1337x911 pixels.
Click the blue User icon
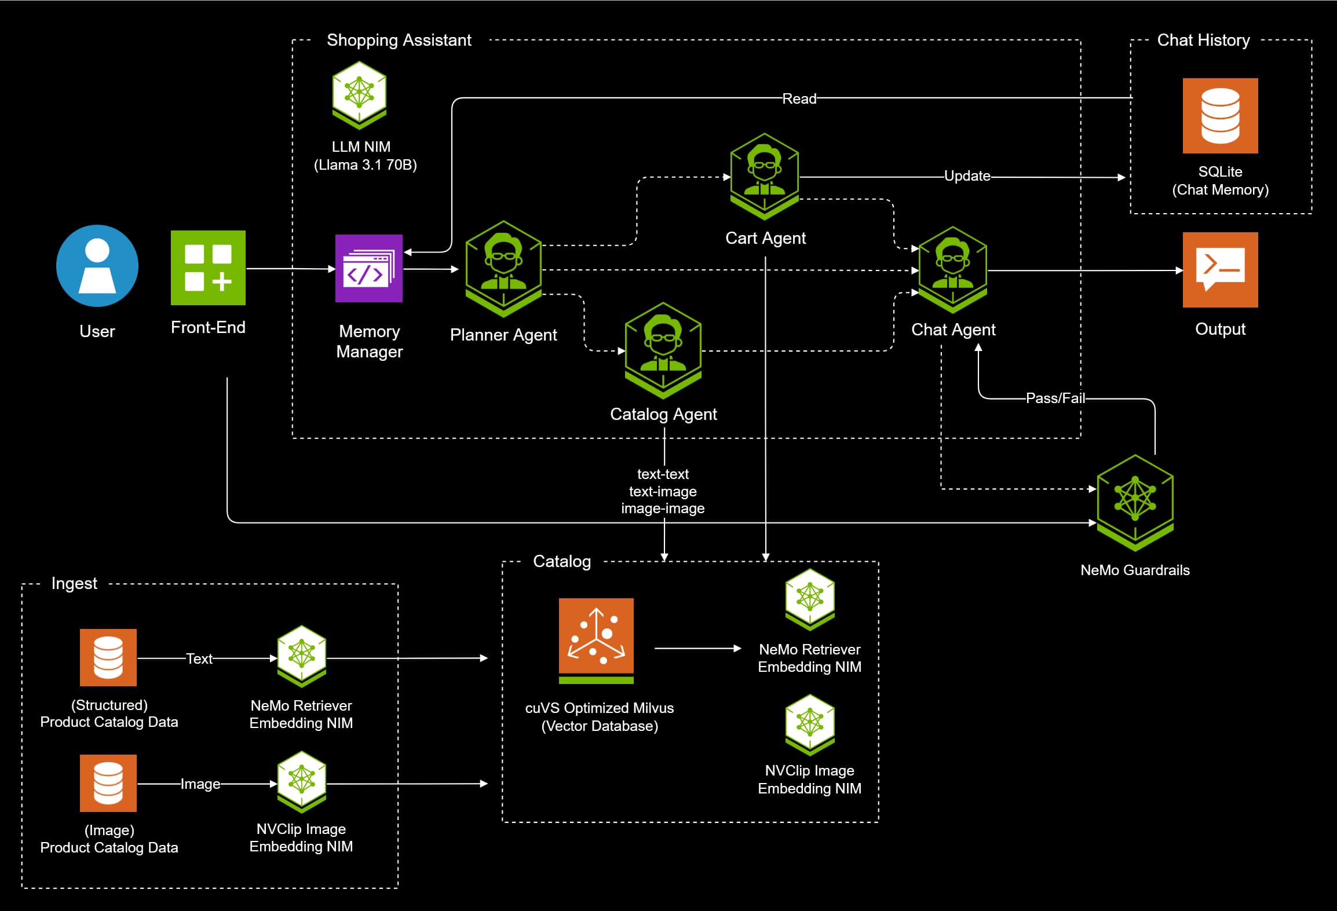click(97, 266)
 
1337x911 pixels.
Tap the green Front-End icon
click(208, 268)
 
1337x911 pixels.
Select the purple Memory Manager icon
click(369, 268)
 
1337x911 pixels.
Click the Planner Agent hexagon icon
click(503, 268)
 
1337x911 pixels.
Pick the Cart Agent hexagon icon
click(765, 175)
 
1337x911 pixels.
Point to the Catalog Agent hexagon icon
click(663, 350)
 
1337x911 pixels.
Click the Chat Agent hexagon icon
click(953, 269)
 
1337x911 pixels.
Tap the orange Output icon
click(1220, 269)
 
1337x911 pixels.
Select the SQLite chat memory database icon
click(1220, 115)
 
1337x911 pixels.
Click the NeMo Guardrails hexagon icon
click(1135, 502)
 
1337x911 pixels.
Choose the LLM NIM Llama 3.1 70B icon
click(359, 94)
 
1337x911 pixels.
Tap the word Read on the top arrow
click(799, 99)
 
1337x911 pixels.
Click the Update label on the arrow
click(967, 176)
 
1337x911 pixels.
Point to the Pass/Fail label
click(1055, 398)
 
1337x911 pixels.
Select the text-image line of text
click(663, 492)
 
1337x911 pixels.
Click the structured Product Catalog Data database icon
click(108, 657)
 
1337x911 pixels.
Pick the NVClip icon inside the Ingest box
click(301, 781)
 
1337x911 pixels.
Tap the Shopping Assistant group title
click(399, 40)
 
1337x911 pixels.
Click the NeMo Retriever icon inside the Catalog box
click(809, 599)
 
